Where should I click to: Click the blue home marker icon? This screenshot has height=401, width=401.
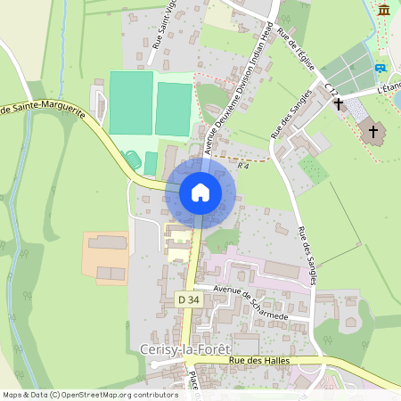tap(200, 192)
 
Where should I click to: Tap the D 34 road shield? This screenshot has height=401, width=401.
tap(188, 300)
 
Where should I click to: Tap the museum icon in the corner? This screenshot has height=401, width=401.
tap(384, 10)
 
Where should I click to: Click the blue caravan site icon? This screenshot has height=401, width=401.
tap(381, 68)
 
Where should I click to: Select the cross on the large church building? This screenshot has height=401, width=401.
tap(372, 132)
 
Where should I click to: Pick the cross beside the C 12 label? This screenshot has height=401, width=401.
tap(339, 104)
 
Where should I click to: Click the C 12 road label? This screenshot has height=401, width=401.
tap(332, 89)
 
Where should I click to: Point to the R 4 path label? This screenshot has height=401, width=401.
tap(242, 166)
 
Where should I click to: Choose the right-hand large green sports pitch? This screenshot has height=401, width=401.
tap(173, 109)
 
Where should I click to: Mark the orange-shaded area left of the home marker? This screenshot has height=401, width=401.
tap(106, 258)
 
